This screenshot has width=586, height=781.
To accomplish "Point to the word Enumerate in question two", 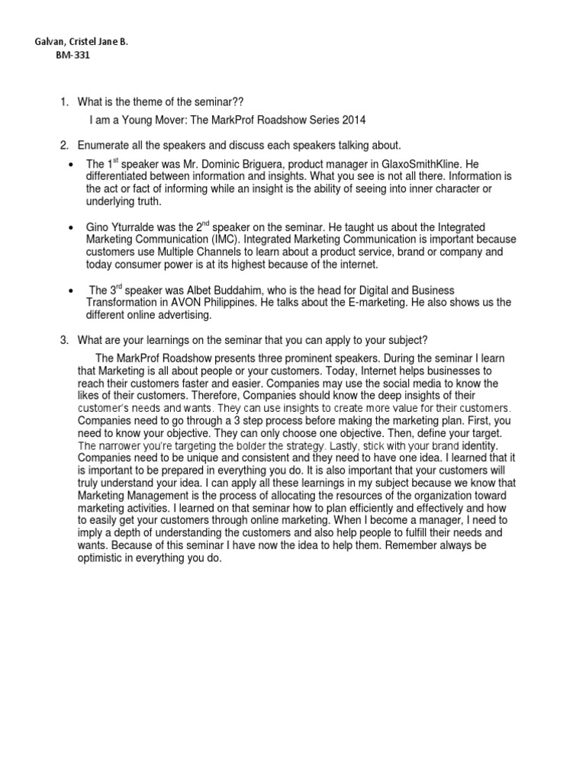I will click(x=104, y=146).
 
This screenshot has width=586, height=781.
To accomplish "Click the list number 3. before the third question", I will click(x=65, y=339).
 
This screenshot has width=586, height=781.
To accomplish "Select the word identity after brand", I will click(x=474, y=445).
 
